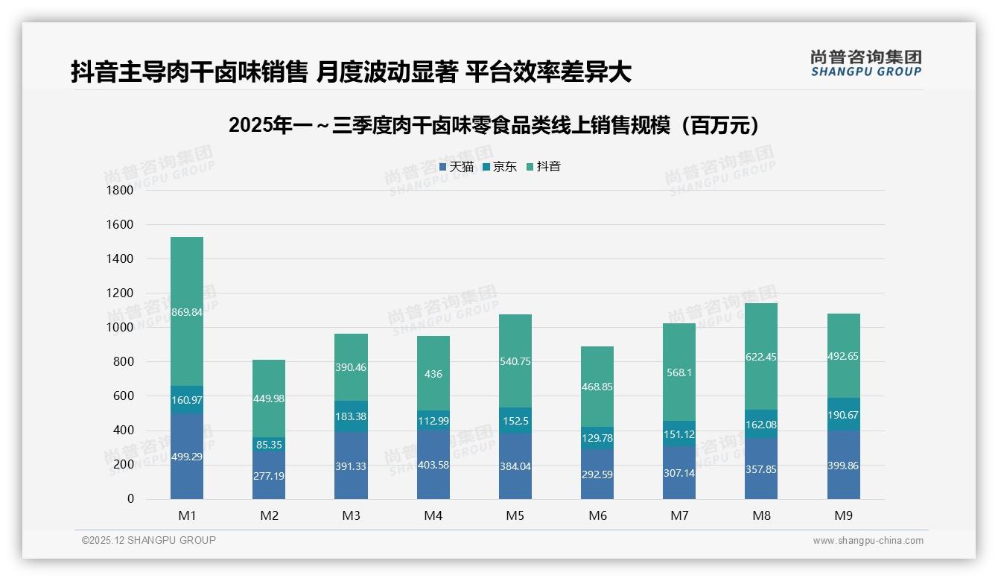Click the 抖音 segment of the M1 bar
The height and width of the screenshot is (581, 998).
tap(187, 311)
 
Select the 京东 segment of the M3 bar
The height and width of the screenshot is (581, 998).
tap(351, 416)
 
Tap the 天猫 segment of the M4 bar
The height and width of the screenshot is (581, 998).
tap(433, 464)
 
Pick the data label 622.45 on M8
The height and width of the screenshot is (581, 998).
tap(761, 357)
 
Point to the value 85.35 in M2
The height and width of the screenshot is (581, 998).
tap(269, 445)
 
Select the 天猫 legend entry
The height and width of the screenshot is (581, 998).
tap(457, 167)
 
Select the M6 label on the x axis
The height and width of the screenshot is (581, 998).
tap(597, 515)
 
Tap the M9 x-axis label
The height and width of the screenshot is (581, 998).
tap(843, 515)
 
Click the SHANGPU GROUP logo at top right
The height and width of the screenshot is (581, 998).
tap(865, 63)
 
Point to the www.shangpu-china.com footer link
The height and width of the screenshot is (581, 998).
tap(868, 541)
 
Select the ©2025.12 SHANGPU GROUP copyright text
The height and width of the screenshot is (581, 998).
tap(149, 541)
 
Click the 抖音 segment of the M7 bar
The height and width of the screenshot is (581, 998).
tap(679, 372)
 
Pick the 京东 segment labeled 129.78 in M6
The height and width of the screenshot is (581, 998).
tap(597, 437)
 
